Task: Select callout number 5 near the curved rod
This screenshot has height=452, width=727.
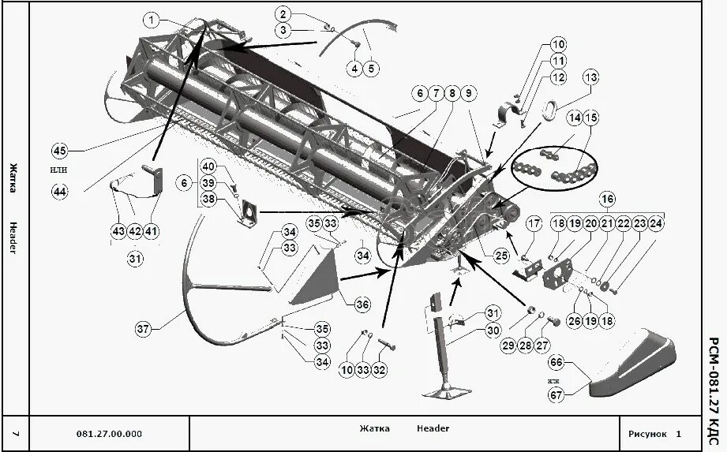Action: pos(371,69)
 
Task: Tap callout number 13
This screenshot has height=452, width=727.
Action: pos(591,77)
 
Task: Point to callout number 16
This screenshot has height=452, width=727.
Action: pos(607,198)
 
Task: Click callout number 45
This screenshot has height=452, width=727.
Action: pos(59,151)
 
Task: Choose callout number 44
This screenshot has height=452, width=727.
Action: pos(59,190)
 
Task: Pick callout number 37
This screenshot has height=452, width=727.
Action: pos(143,330)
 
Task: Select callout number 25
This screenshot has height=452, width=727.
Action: pos(501,256)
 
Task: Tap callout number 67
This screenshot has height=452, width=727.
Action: pos(556,395)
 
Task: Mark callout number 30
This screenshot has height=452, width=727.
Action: pos(493,331)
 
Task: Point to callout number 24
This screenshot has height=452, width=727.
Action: pos(657,224)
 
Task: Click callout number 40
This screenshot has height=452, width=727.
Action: pos(208,166)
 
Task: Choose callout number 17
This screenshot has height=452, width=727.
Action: pos(534,224)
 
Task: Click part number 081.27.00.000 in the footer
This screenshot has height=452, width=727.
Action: pos(110,434)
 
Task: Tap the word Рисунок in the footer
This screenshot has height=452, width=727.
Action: pos(647,434)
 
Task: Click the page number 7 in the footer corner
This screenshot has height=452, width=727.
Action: pos(16,434)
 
